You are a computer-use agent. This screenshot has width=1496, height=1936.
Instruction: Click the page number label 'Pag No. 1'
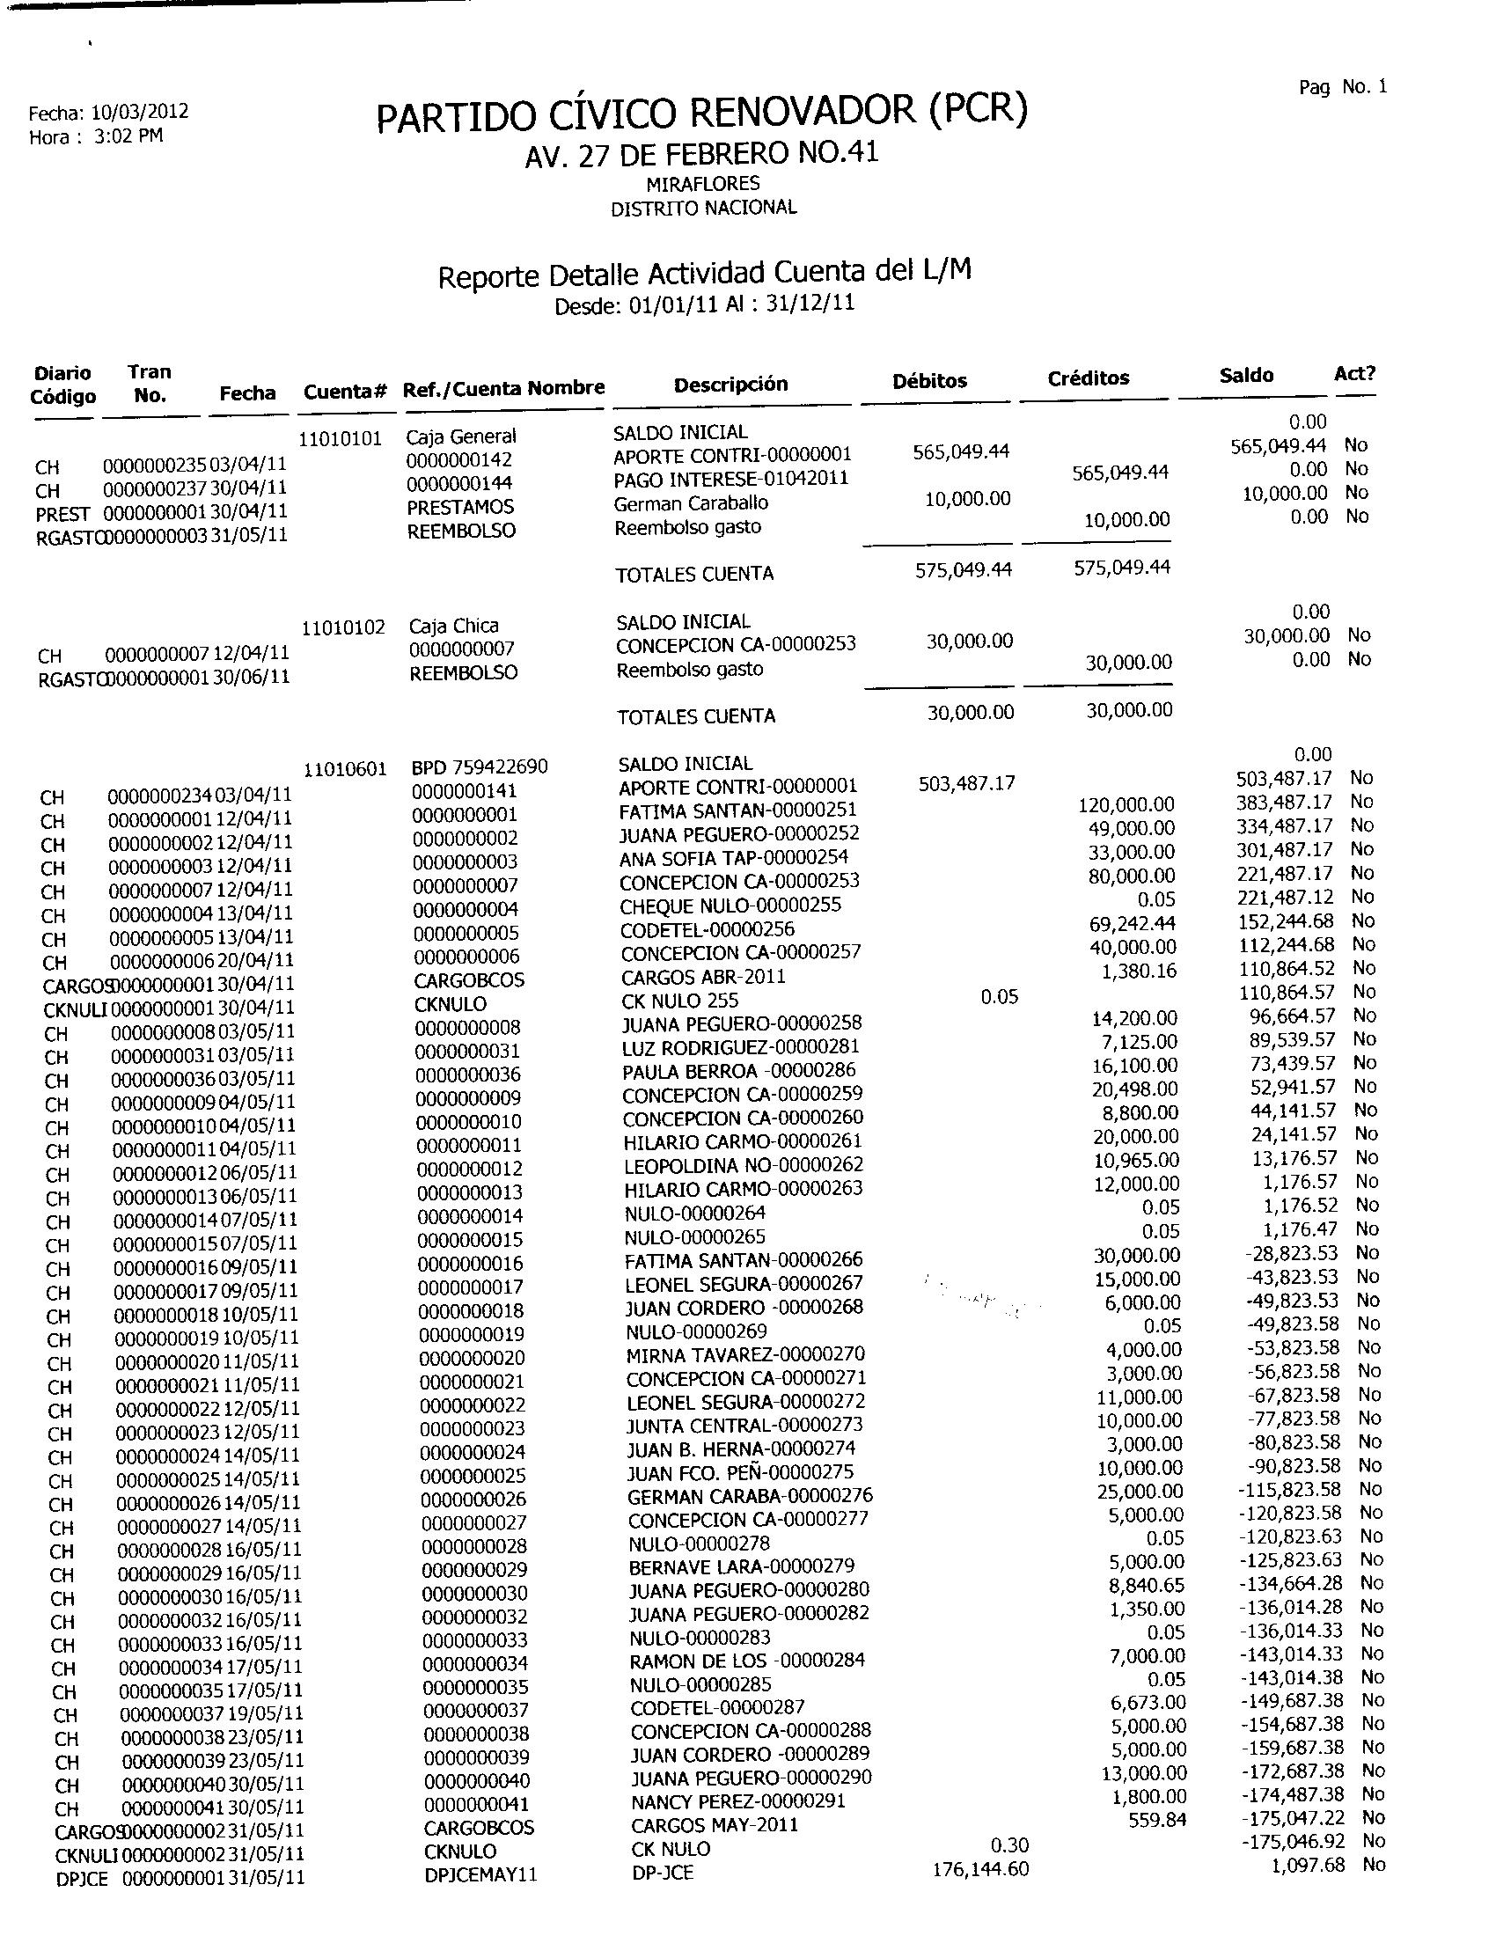point(1342,87)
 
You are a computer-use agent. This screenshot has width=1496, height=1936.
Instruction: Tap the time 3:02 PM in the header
point(128,136)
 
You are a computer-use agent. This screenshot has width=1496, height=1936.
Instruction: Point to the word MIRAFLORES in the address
point(703,184)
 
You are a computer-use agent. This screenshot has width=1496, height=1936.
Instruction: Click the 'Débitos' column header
point(928,380)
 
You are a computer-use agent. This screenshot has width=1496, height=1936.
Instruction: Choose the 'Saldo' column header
point(1245,375)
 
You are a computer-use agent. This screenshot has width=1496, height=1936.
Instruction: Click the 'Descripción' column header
point(730,384)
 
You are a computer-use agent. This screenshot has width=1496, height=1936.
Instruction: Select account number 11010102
point(343,627)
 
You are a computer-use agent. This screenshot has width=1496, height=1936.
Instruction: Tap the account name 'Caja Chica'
point(454,626)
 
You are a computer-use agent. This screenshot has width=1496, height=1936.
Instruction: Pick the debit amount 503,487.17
point(966,783)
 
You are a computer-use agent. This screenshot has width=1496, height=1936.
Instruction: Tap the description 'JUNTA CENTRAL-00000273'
point(744,1426)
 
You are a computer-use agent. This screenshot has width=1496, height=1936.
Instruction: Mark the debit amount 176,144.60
point(980,1869)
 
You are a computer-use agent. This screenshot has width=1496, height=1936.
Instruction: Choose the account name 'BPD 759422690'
point(480,766)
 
